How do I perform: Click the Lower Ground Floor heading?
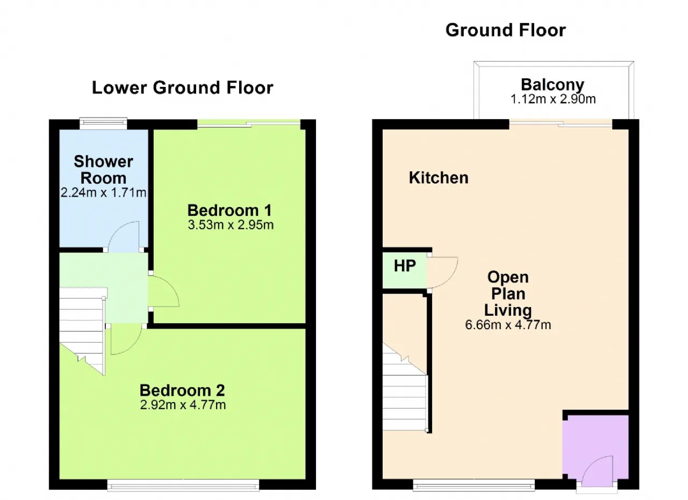click(x=182, y=88)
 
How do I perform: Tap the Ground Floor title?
click(x=506, y=31)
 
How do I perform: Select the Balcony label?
click(x=553, y=85)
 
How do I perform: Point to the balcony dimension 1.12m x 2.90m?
click(x=553, y=99)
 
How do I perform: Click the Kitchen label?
click(x=439, y=178)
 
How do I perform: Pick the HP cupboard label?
click(x=405, y=266)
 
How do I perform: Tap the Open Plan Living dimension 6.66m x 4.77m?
click(x=508, y=325)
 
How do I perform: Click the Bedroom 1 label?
click(x=230, y=211)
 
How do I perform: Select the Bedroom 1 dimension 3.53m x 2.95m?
click(x=231, y=225)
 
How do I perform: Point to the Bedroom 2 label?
click(x=182, y=390)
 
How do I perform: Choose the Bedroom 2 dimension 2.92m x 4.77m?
click(x=183, y=405)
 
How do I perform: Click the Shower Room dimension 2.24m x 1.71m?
click(x=103, y=193)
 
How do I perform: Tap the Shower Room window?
click(x=103, y=124)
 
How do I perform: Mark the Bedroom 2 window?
click(x=183, y=485)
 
